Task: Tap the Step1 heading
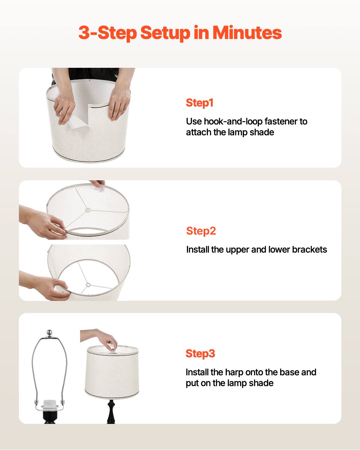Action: pyautogui.click(x=199, y=103)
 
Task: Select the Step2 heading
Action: pyautogui.click(x=201, y=231)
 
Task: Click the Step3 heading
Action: pyautogui.click(x=200, y=353)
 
